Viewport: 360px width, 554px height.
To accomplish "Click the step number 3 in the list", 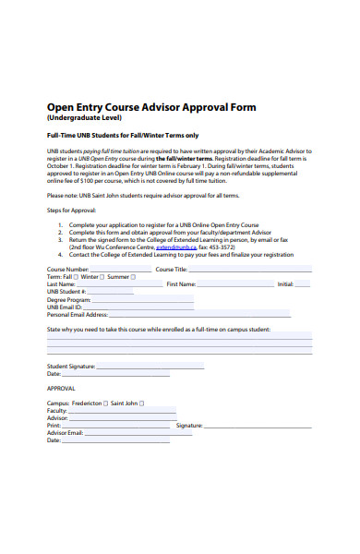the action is click(x=61, y=241).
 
